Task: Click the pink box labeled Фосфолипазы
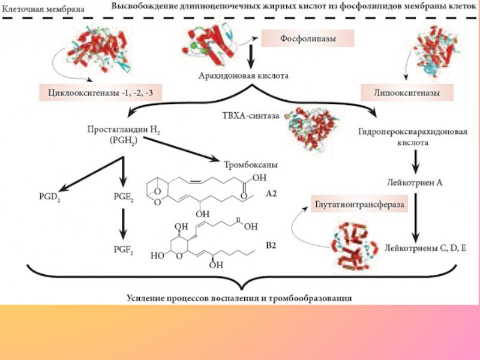[x=307, y=40]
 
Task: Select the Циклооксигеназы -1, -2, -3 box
[x=101, y=93]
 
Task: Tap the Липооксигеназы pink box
[x=407, y=93]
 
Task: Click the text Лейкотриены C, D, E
[x=425, y=247]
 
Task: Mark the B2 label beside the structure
[x=272, y=245]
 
